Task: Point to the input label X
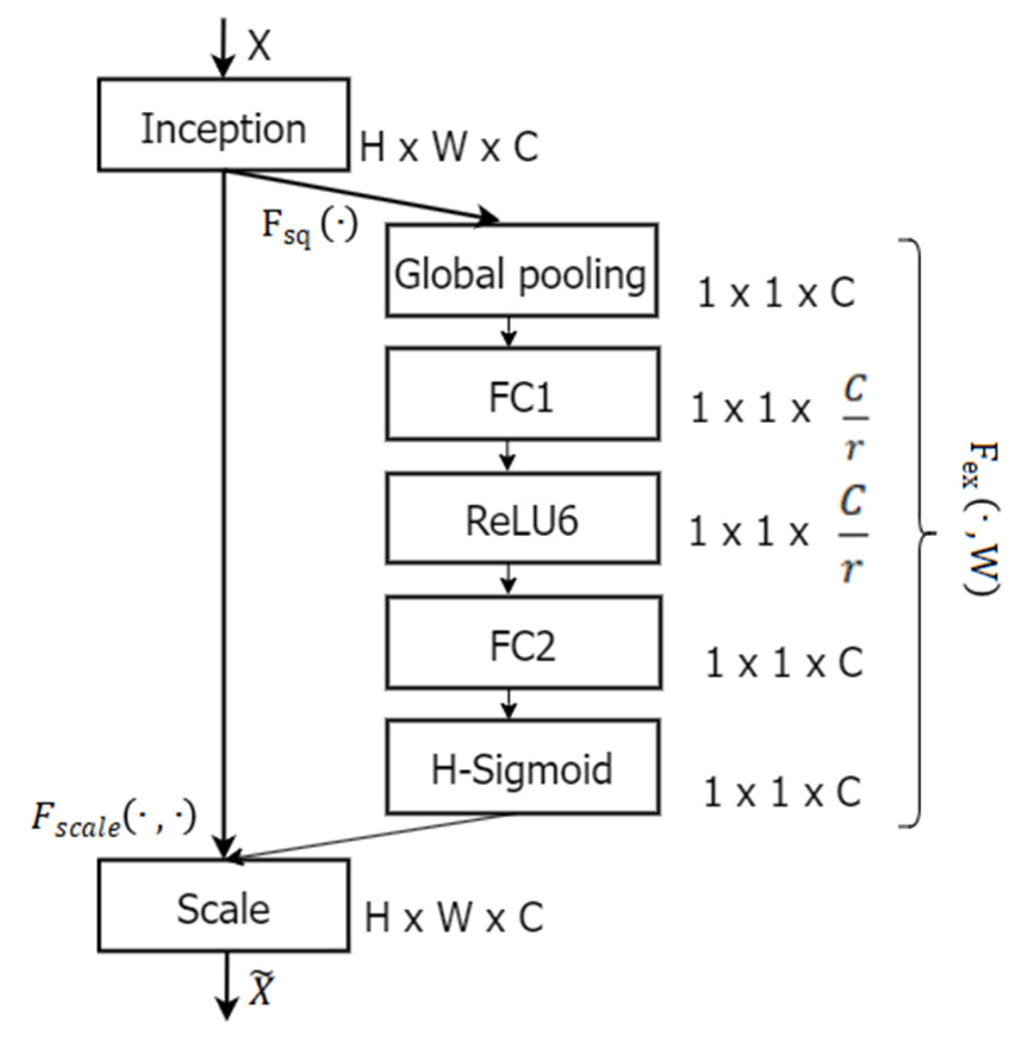point(259,46)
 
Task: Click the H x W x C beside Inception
point(449,147)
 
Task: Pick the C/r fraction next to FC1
point(853,418)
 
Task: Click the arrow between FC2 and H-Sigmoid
point(508,704)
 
